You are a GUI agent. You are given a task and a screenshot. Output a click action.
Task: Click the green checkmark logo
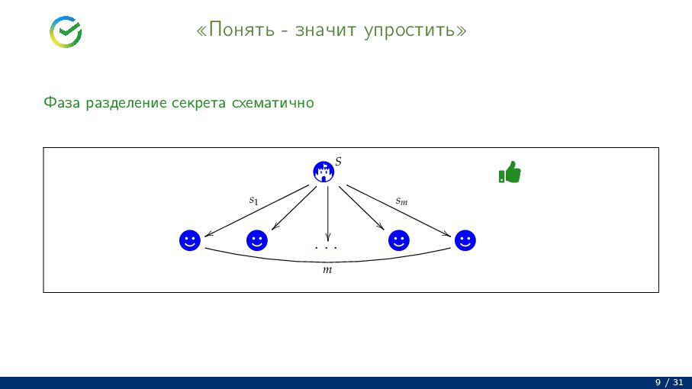coord(66,31)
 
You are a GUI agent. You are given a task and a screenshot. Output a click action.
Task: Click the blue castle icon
coord(324,172)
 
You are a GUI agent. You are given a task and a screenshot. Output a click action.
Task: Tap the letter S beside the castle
coord(338,162)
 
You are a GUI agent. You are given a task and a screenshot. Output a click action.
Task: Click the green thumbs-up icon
coord(509,172)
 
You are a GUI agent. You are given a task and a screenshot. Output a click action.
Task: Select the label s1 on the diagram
coord(254,201)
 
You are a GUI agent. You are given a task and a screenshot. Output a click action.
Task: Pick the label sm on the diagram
coord(401,201)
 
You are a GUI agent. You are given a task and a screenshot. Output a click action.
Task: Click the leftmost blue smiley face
coord(190,241)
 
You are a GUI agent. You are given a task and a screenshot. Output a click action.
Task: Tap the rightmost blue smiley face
coord(465,241)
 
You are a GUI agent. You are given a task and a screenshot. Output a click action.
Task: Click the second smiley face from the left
coord(257,241)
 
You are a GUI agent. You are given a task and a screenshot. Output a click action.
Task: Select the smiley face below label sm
coord(398,241)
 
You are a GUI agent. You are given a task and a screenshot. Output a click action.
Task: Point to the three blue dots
coord(326,248)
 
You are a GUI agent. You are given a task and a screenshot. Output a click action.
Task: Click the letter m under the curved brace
coord(327,271)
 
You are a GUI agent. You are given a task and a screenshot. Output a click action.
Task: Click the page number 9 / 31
coord(669,381)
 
